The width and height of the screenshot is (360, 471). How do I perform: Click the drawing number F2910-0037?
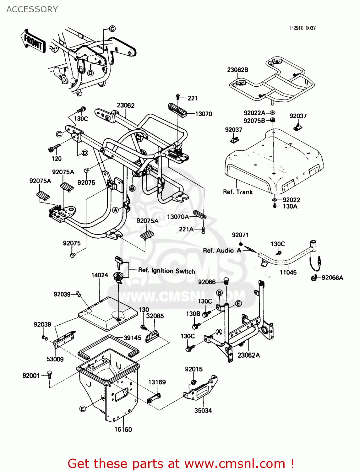pyautogui.click(x=303, y=28)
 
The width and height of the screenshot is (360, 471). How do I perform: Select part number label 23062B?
pyautogui.click(x=237, y=70)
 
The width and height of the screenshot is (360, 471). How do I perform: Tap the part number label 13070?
pyautogui.click(x=204, y=114)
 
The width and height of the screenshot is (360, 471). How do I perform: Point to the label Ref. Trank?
pyautogui.click(x=237, y=192)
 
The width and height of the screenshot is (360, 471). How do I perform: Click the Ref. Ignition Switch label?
pyautogui.click(x=166, y=271)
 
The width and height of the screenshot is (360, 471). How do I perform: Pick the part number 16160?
pyautogui.click(x=123, y=429)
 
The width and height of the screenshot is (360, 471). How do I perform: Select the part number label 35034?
pyautogui.click(x=203, y=410)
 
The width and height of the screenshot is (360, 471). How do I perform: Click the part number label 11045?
pyautogui.click(x=288, y=272)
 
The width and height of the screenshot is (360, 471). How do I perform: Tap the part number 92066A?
pyautogui.click(x=332, y=278)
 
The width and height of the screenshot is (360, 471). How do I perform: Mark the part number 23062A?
pyautogui.click(x=248, y=355)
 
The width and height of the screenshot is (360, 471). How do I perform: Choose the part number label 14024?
pyautogui.click(x=100, y=275)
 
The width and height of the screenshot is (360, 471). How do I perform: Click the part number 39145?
pyautogui.click(x=132, y=338)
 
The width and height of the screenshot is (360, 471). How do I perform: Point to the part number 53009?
pyautogui.click(x=55, y=359)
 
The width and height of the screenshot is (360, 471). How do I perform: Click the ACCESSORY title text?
pyautogui.click(x=32, y=9)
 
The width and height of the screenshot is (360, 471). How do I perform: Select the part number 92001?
pyautogui.click(x=31, y=376)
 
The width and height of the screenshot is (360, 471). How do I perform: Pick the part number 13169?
pyautogui.click(x=157, y=382)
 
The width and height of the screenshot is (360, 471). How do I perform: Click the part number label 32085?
pyautogui.click(x=155, y=316)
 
